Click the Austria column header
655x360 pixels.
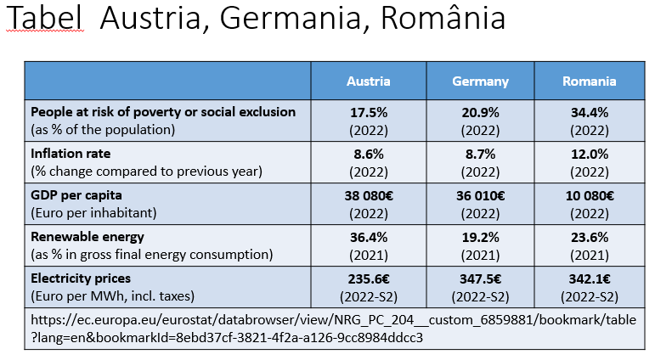coord(368,82)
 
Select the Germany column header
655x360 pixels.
coord(480,82)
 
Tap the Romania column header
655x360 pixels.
coord(589,82)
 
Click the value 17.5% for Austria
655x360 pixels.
coord(368,112)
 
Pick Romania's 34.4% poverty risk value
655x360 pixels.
coord(589,112)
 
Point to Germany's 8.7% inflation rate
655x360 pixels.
coord(480,155)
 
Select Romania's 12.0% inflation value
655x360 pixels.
coord(589,155)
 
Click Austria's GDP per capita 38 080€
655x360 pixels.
coord(368,195)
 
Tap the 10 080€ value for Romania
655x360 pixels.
coord(589,195)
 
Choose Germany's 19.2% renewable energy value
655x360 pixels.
coord(480,237)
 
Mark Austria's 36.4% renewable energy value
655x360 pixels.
coord(368,237)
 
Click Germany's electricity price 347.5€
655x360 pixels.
coord(480,278)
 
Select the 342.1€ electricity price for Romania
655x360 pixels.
coord(589,278)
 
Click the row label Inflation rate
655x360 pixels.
coord(71,154)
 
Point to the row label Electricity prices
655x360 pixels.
coord(81,278)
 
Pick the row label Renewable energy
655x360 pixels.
coord(87,237)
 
